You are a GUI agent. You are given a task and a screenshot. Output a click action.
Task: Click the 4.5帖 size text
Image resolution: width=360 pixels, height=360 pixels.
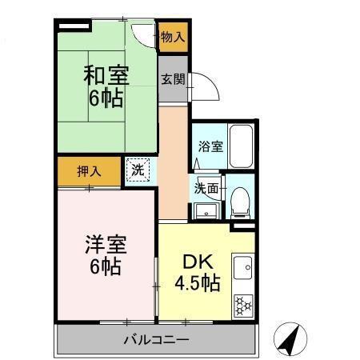pos(198,284)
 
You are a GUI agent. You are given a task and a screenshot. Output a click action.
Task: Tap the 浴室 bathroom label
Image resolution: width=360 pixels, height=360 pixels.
pos(210,147)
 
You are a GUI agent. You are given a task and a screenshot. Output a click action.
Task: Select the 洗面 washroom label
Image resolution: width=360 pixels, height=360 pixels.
pos(206,189)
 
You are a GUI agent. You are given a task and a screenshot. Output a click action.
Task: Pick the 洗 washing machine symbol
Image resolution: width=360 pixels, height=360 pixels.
pos(138,170)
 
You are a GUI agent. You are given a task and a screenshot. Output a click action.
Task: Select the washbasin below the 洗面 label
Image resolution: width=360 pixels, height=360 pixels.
pos(205,210)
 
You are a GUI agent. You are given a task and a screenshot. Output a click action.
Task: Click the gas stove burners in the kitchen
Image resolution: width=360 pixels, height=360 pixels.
pos(243,305)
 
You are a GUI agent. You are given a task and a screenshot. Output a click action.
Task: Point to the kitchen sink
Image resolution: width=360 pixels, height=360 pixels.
pos(243,266)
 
